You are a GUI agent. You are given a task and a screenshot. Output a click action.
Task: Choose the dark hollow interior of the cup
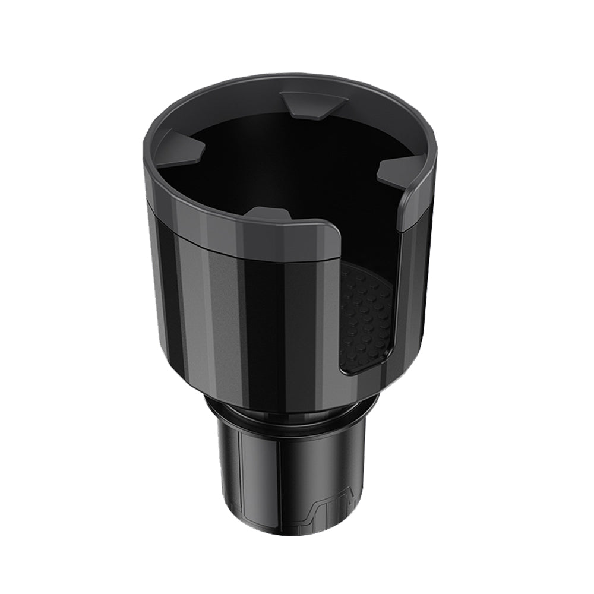[x=285, y=160]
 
